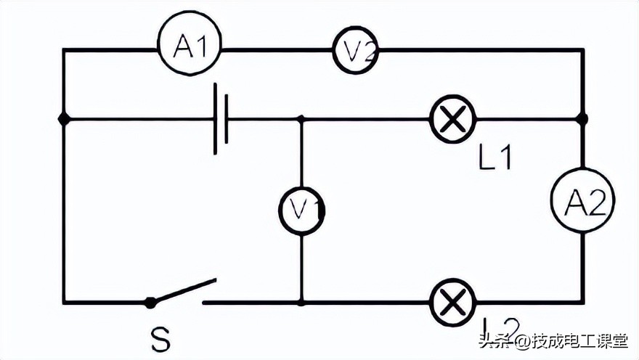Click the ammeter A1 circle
point(189,49)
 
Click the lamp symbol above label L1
point(453,119)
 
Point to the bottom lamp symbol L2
point(453,301)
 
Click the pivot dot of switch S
point(150,301)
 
